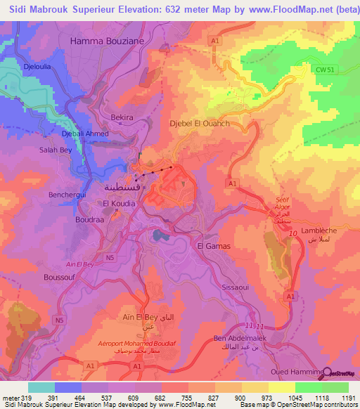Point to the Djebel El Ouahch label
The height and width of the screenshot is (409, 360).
200,124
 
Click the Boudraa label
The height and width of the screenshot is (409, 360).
89,219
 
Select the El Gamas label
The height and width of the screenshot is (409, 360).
213,246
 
